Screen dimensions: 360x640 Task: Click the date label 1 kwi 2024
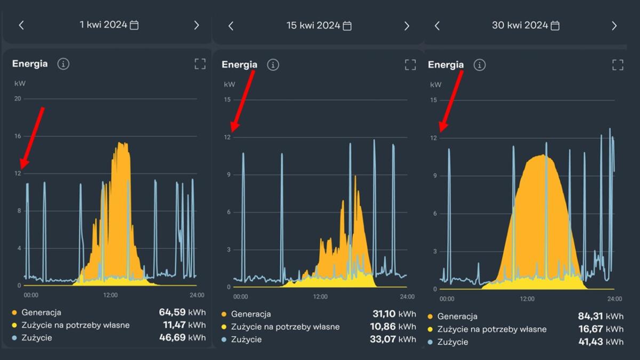pyautogui.click(x=103, y=25)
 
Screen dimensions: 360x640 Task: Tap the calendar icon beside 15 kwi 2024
pyautogui.click(x=347, y=26)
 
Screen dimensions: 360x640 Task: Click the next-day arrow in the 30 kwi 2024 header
pyautogui.click(x=614, y=26)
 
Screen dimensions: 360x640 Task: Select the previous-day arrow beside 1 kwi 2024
pyautogui.click(x=21, y=25)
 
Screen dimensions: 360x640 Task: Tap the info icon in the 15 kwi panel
pyautogui.click(x=273, y=65)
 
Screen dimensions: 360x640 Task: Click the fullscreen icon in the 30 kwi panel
pyautogui.click(x=618, y=65)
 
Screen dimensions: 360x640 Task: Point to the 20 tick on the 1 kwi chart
pyautogui.click(x=18, y=99)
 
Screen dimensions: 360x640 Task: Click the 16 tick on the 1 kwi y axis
pyautogui.click(x=18, y=136)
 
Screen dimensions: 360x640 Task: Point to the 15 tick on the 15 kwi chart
pyautogui.click(x=227, y=100)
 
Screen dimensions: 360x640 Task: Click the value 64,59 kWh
pyautogui.click(x=182, y=312)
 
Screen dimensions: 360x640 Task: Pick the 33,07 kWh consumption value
pyautogui.click(x=393, y=339)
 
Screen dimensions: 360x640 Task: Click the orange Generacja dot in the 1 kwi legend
pyautogui.click(x=14, y=313)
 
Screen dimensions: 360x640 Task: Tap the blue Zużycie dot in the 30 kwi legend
pyautogui.click(x=430, y=342)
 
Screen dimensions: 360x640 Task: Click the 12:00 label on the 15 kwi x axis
pyautogui.click(x=320, y=297)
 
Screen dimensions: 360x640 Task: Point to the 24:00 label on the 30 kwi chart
pyautogui.click(x=614, y=299)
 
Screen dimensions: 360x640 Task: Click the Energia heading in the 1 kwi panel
pyautogui.click(x=30, y=64)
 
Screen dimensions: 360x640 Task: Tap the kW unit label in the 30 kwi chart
pyautogui.click(x=436, y=84)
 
